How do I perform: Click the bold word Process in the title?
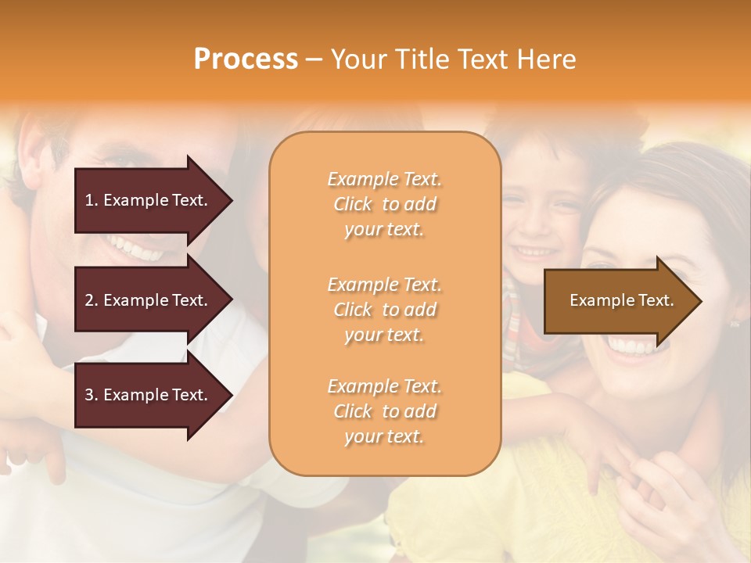click(x=246, y=59)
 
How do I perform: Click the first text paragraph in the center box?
click(x=384, y=204)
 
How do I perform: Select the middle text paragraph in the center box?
click(x=384, y=310)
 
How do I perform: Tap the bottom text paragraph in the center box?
click(x=384, y=411)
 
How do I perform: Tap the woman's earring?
click(x=735, y=321)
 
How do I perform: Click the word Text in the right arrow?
click(x=656, y=300)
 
